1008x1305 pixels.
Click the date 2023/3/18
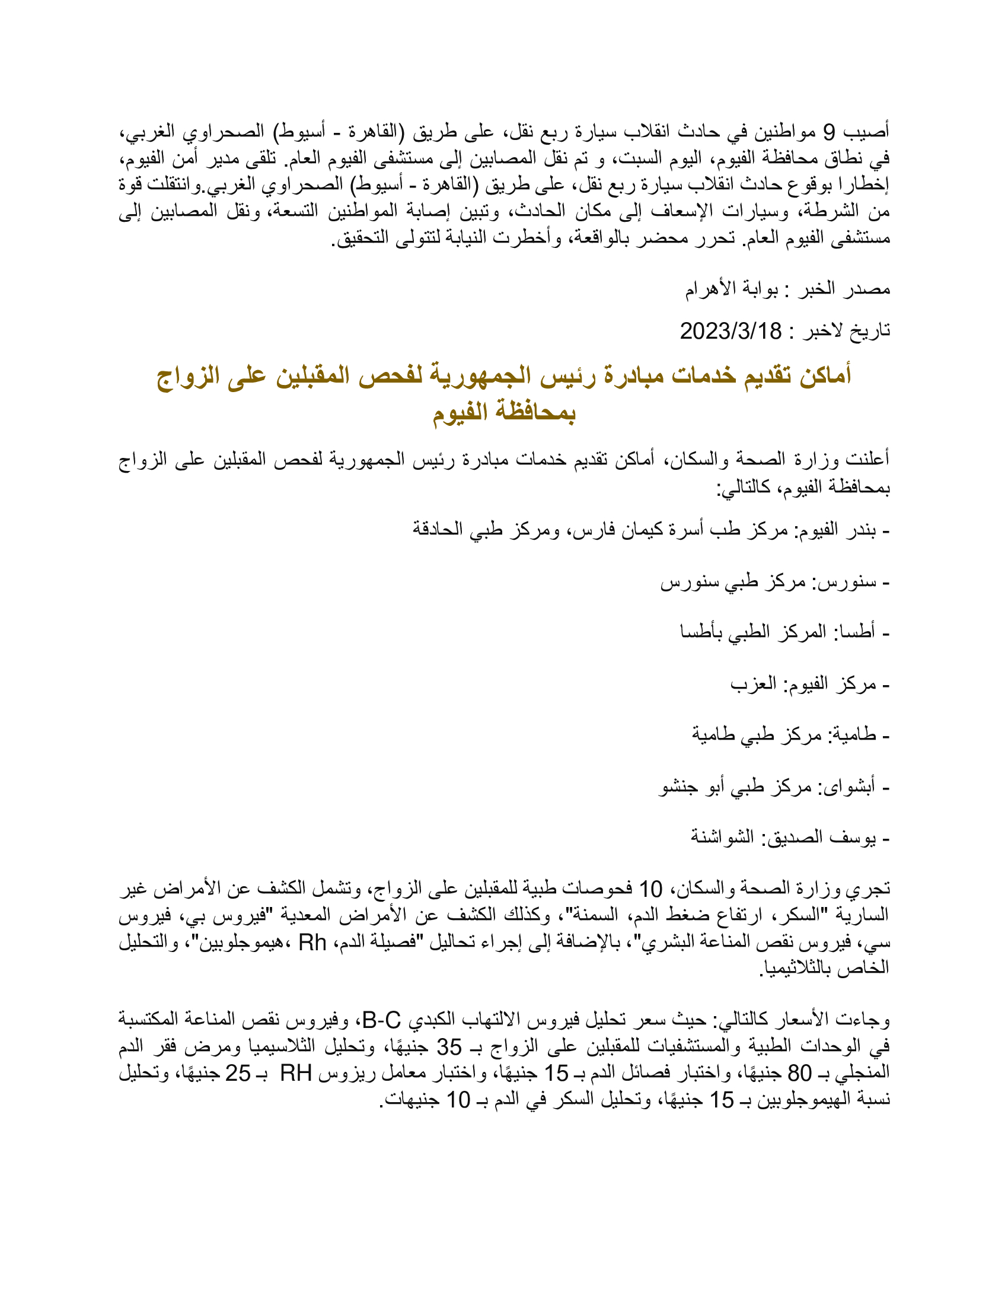pos(731,330)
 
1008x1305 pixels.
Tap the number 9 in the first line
pos(830,132)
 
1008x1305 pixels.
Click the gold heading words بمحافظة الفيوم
pos(504,412)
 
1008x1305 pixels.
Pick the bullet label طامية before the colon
pos(853,734)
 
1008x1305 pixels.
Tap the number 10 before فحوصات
pos(650,889)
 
